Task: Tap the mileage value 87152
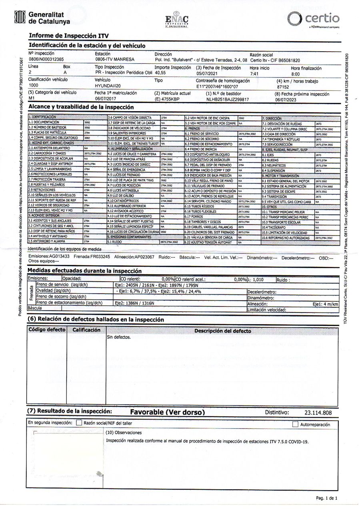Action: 283,86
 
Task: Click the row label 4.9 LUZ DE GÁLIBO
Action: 121,196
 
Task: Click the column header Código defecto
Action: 46,330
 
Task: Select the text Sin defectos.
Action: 118,337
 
